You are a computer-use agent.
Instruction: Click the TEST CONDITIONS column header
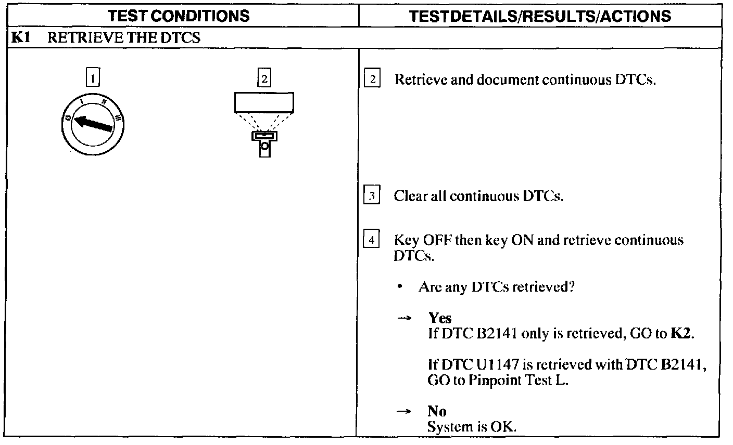(180, 16)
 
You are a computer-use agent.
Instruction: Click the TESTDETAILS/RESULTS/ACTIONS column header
(540, 16)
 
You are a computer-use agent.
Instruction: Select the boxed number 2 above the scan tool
(264, 78)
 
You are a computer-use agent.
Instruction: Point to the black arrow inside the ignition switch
(94, 124)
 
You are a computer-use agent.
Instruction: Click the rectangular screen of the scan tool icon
(264, 102)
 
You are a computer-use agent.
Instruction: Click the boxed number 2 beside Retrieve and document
(372, 80)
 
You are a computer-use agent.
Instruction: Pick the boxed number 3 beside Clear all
(372, 197)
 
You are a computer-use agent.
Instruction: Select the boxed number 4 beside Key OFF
(372, 240)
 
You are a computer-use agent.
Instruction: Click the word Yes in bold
(440, 318)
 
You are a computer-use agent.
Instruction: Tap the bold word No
(437, 411)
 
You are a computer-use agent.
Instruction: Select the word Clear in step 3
(409, 197)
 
